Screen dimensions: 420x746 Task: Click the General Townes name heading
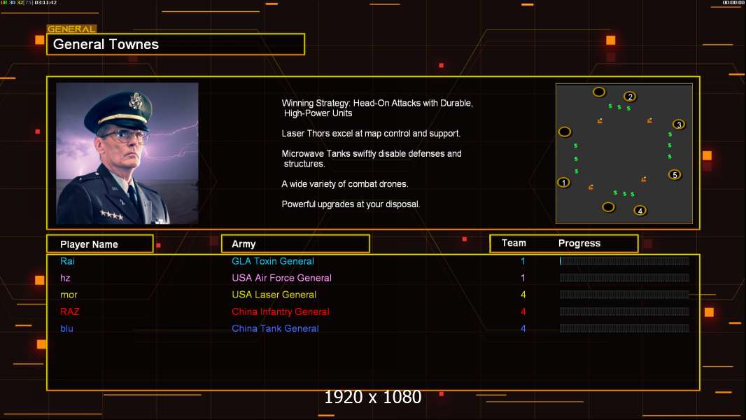coord(106,45)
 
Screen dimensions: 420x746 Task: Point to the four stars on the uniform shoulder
coord(111,215)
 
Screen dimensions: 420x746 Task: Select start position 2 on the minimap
coord(630,97)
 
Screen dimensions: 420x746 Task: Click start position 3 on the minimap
coord(678,125)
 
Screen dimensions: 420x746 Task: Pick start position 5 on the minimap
coord(675,174)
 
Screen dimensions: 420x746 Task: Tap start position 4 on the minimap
coord(640,210)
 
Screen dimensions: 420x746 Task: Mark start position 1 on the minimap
coord(564,183)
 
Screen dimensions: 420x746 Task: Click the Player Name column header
coord(89,244)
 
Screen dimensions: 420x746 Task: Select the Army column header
coord(244,244)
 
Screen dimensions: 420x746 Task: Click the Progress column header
coord(579,244)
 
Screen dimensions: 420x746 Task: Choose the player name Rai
coord(67,261)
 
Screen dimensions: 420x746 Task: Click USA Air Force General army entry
coord(281,278)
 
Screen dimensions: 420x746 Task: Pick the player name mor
coord(69,295)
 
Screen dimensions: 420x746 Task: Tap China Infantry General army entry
coord(280,311)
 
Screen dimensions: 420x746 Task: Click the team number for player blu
coord(523,328)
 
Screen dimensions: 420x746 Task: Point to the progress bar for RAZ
coord(624,311)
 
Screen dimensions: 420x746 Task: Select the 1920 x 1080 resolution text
coord(372,398)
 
